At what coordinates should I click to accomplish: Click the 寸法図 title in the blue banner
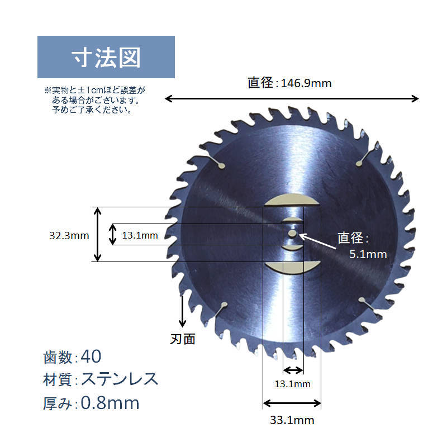pos(106,57)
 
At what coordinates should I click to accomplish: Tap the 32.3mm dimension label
pos(69,235)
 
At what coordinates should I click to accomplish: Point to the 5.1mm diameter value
pos(368,254)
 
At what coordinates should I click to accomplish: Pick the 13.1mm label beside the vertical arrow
pos(140,235)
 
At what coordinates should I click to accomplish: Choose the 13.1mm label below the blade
pos(292,384)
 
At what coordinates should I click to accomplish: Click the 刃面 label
pos(182,339)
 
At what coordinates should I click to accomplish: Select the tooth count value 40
pos(91,356)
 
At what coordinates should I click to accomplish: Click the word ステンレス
pos(120,379)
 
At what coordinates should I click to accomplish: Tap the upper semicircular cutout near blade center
pos(292,200)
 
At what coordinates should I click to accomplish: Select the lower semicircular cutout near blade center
pos(292,268)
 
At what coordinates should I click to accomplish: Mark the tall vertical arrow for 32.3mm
pos(98,235)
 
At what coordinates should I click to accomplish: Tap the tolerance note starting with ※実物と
pos(94,99)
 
